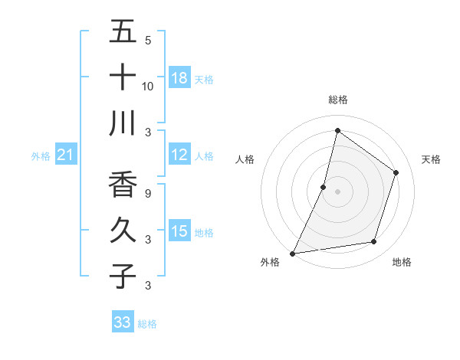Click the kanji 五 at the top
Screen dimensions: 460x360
123,31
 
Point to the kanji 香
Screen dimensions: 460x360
123,184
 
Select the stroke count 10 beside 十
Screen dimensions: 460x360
148,86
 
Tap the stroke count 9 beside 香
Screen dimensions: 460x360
148,193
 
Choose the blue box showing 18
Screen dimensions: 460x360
179,77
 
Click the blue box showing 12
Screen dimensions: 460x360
179,155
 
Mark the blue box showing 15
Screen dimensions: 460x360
179,231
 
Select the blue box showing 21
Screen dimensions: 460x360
66,155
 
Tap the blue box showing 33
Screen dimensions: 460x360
123,322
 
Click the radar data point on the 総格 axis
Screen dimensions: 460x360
337,131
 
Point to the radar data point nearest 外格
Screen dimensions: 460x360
293,253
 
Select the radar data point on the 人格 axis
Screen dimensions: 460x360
324,187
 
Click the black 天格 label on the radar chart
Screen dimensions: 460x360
432,159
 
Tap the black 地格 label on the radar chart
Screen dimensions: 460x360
402,263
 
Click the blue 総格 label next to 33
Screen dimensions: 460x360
147,324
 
